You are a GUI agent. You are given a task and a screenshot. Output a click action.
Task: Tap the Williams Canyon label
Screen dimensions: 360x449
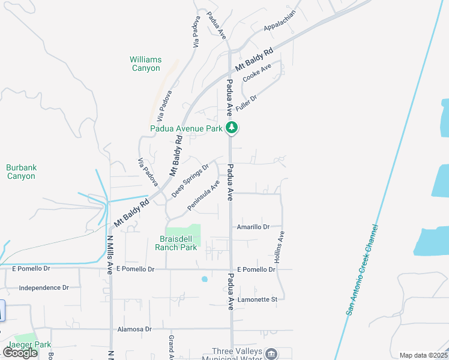tap(146, 64)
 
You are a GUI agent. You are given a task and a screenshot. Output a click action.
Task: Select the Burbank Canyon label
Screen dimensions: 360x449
tap(21, 172)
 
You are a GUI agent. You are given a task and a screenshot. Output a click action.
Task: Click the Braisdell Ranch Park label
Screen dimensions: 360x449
tap(176, 243)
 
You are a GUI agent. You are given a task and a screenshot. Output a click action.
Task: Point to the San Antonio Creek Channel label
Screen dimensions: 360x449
tap(362, 270)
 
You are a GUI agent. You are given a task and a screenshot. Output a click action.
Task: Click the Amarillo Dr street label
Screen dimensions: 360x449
tap(253, 227)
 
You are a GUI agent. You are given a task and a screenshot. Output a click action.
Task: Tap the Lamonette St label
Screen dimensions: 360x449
tap(257, 299)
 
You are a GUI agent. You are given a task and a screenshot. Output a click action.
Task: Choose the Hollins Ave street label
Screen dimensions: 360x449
tap(279, 247)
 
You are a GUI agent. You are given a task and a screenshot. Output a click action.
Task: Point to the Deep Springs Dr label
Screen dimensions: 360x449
tap(190, 180)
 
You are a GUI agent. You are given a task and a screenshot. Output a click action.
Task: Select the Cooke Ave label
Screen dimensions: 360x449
tap(257, 73)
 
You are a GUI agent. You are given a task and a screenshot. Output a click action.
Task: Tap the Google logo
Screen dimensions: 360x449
tap(20, 353)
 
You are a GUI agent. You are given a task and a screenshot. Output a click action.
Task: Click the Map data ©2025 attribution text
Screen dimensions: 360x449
tap(423, 355)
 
